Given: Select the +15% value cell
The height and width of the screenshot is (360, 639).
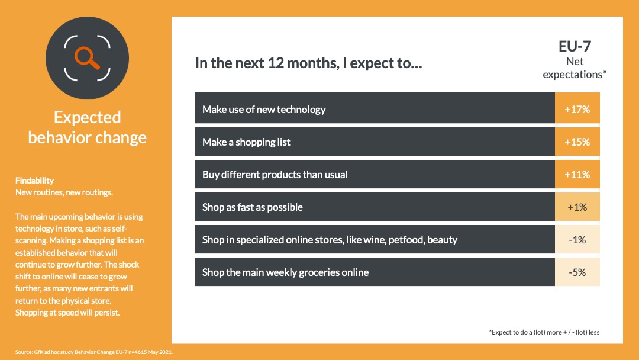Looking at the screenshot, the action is pos(577,142).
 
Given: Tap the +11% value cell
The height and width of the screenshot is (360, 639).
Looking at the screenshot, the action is pos(577,174).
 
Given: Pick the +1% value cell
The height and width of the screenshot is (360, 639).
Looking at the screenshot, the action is pos(577,207).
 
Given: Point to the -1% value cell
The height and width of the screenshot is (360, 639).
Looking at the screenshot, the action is pos(577,239).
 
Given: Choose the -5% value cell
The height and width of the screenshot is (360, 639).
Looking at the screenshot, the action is pos(577,272).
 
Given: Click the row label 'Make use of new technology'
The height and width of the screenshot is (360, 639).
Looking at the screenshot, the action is pos(264,110).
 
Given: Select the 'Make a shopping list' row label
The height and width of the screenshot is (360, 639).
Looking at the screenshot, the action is pos(246,142).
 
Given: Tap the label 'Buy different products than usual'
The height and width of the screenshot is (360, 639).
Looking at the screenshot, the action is pos(275,175).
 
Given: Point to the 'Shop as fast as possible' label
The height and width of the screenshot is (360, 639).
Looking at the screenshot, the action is pos(252,207).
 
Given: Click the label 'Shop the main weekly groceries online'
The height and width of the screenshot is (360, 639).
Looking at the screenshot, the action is pos(285,272).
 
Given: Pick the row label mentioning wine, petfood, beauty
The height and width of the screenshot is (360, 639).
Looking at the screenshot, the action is pos(330,240).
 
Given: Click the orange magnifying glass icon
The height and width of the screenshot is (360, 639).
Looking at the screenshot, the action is pos(87,57).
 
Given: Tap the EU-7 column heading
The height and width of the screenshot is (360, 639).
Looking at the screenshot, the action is pos(575,46).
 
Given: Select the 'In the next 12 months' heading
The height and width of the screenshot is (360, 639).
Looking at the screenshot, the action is pos(308,63).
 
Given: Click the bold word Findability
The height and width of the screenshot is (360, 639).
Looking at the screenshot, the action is pos(35,180).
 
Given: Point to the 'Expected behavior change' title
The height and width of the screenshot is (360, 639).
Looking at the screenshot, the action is pos(87,127).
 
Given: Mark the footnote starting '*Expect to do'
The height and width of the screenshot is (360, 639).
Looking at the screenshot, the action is pos(544,332).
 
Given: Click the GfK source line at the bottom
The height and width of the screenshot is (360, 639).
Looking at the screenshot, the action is pos(93,352).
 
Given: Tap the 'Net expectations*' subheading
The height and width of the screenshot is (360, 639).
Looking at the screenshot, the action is pos(575,68).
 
